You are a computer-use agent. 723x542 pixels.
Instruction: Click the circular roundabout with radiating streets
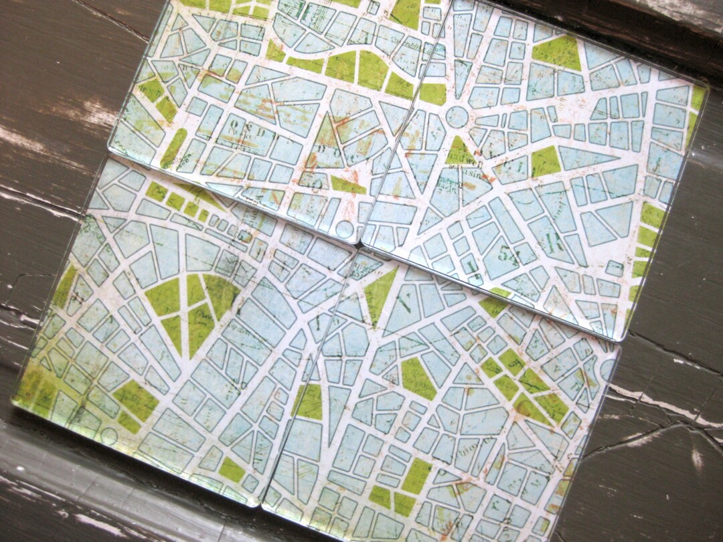point(457,116)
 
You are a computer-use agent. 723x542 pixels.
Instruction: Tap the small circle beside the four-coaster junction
point(345,230)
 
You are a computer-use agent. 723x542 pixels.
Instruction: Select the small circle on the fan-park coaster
point(108,436)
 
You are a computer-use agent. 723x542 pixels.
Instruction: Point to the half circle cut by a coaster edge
point(608,369)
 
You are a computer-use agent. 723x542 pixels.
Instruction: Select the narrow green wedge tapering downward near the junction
point(379,292)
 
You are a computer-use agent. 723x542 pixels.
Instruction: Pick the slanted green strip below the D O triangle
point(349,185)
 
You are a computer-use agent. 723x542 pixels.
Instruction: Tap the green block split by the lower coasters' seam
point(309,401)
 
